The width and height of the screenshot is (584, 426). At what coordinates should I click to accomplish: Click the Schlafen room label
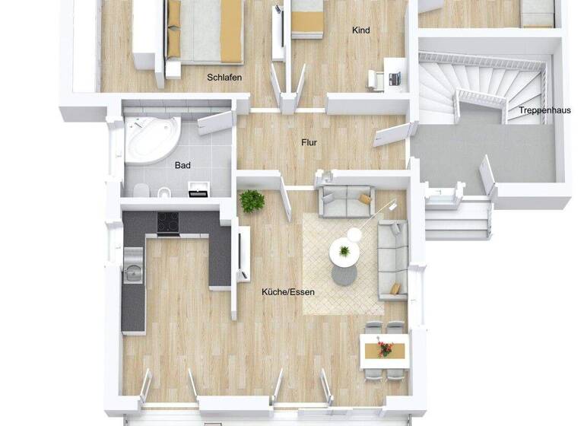[224, 77]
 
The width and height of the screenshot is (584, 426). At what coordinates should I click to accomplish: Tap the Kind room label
[360, 30]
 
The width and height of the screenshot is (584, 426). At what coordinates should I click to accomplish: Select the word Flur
[308, 142]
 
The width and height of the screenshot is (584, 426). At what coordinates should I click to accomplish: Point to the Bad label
[182, 164]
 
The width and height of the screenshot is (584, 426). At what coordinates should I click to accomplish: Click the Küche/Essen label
[287, 291]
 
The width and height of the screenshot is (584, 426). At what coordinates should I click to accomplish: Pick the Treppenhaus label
[544, 110]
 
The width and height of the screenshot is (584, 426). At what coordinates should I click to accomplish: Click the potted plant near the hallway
[252, 202]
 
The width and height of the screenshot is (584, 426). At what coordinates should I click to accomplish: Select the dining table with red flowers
[384, 350]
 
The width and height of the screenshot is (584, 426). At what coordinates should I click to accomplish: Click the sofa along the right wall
[394, 257]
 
